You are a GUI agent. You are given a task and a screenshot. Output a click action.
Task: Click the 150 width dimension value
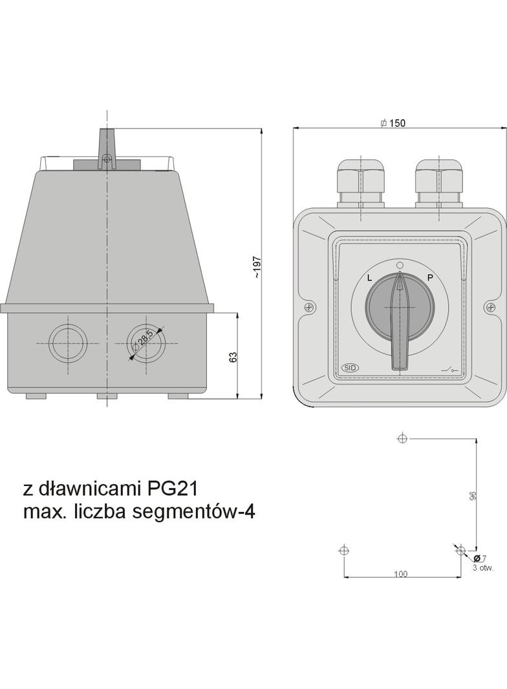[x=397, y=123]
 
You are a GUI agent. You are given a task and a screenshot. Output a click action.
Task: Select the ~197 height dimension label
[x=257, y=268]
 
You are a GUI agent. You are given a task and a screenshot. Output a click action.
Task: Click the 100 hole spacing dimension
[x=401, y=573]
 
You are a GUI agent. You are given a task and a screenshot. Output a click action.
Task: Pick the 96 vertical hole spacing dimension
[x=473, y=496]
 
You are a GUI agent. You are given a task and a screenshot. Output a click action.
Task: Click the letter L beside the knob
[x=369, y=278]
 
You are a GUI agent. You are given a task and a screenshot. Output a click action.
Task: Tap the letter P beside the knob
[x=430, y=278]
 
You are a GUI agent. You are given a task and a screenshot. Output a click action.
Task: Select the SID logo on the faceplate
[x=350, y=368]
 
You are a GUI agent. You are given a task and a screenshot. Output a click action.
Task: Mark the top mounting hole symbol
[x=402, y=439]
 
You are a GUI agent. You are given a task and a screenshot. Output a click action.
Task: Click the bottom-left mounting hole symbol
[x=343, y=551]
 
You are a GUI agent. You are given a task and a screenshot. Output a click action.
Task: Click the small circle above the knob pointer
[x=400, y=265]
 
